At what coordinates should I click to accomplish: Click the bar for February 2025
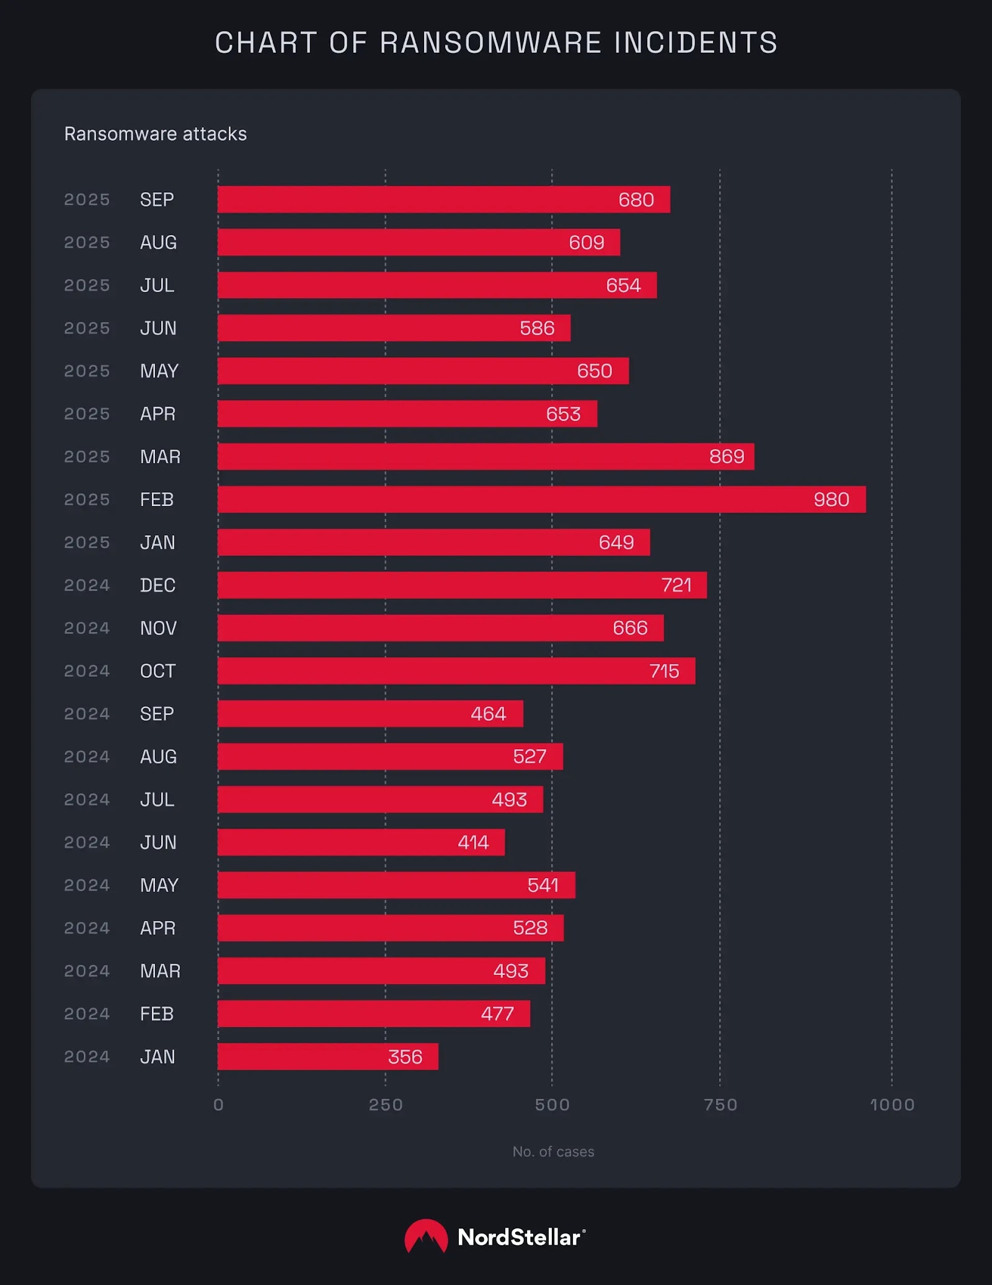pyautogui.click(x=541, y=499)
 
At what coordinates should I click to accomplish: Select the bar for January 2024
pyautogui.click(x=327, y=1056)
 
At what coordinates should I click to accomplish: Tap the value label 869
pyautogui.click(x=726, y=456)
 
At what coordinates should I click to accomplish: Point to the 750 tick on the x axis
pyautogui.click(x=720, y=1105)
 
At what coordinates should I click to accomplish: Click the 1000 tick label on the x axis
pyautogui.click(x=892, y=1105)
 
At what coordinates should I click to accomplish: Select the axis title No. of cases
pyautogui.click(x=553, y=1152)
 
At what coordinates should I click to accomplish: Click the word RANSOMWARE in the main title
pyautogui.click(x=490, y=43)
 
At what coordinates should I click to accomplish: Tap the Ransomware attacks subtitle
pyautogui.click(x=156, y=134)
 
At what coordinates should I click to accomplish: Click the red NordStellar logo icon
pyautogui.click(x=426, y=1236)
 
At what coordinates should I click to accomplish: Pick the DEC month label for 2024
pyautogui.click(x=157, y=585)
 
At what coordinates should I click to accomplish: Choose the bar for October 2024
pyautogui.click(x=456, y=671)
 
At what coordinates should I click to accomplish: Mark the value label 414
pyautogui.click(x=473, y=842)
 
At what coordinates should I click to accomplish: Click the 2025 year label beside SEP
pyautogui.click(x=87, y=200)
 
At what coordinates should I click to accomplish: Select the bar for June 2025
pyautogui.click(x=394, y=328)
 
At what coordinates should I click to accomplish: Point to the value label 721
pyautogui.click(x=676, y=585)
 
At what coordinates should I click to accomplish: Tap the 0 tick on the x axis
pyautogui.click(x=218, y=1105)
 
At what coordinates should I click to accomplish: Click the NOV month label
pyautogui.click(x=158, y=628)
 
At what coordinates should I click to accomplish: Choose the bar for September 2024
pyautogui.click(x=370, y=714)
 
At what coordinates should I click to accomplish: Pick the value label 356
pyautogui.click(x=405, y=1057)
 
